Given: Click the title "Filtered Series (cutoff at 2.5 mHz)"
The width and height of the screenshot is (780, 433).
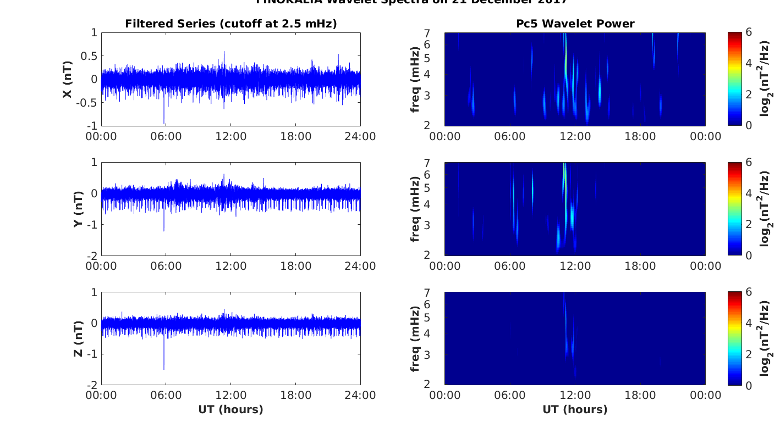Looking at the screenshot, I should tap(230, 24).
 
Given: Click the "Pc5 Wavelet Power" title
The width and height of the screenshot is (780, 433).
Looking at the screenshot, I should tap(575, 24).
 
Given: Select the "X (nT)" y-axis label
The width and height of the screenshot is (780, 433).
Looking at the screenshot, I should tap(68, 80).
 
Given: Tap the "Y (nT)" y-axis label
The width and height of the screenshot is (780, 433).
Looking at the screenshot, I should tap(78, 209).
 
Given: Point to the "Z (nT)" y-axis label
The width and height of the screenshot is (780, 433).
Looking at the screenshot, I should tap(78, 338).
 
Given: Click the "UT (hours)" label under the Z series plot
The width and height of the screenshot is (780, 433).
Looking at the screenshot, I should tap(230, 409).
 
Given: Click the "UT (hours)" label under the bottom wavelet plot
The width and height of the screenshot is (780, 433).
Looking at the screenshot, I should tap(575, 409).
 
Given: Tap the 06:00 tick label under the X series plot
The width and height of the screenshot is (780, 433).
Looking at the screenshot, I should tap(166, 136).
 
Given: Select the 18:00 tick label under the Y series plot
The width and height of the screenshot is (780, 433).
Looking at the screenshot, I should tap(295, 266).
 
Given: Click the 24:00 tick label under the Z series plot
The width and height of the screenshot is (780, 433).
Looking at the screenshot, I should tap(360, 396).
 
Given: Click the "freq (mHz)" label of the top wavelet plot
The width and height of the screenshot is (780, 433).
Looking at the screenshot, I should tap(416, 80).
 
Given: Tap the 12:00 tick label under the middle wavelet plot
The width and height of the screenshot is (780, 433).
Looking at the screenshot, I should tap(575, 266).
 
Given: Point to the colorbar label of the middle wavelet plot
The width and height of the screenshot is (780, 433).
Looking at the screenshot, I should tap(765, 209).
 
